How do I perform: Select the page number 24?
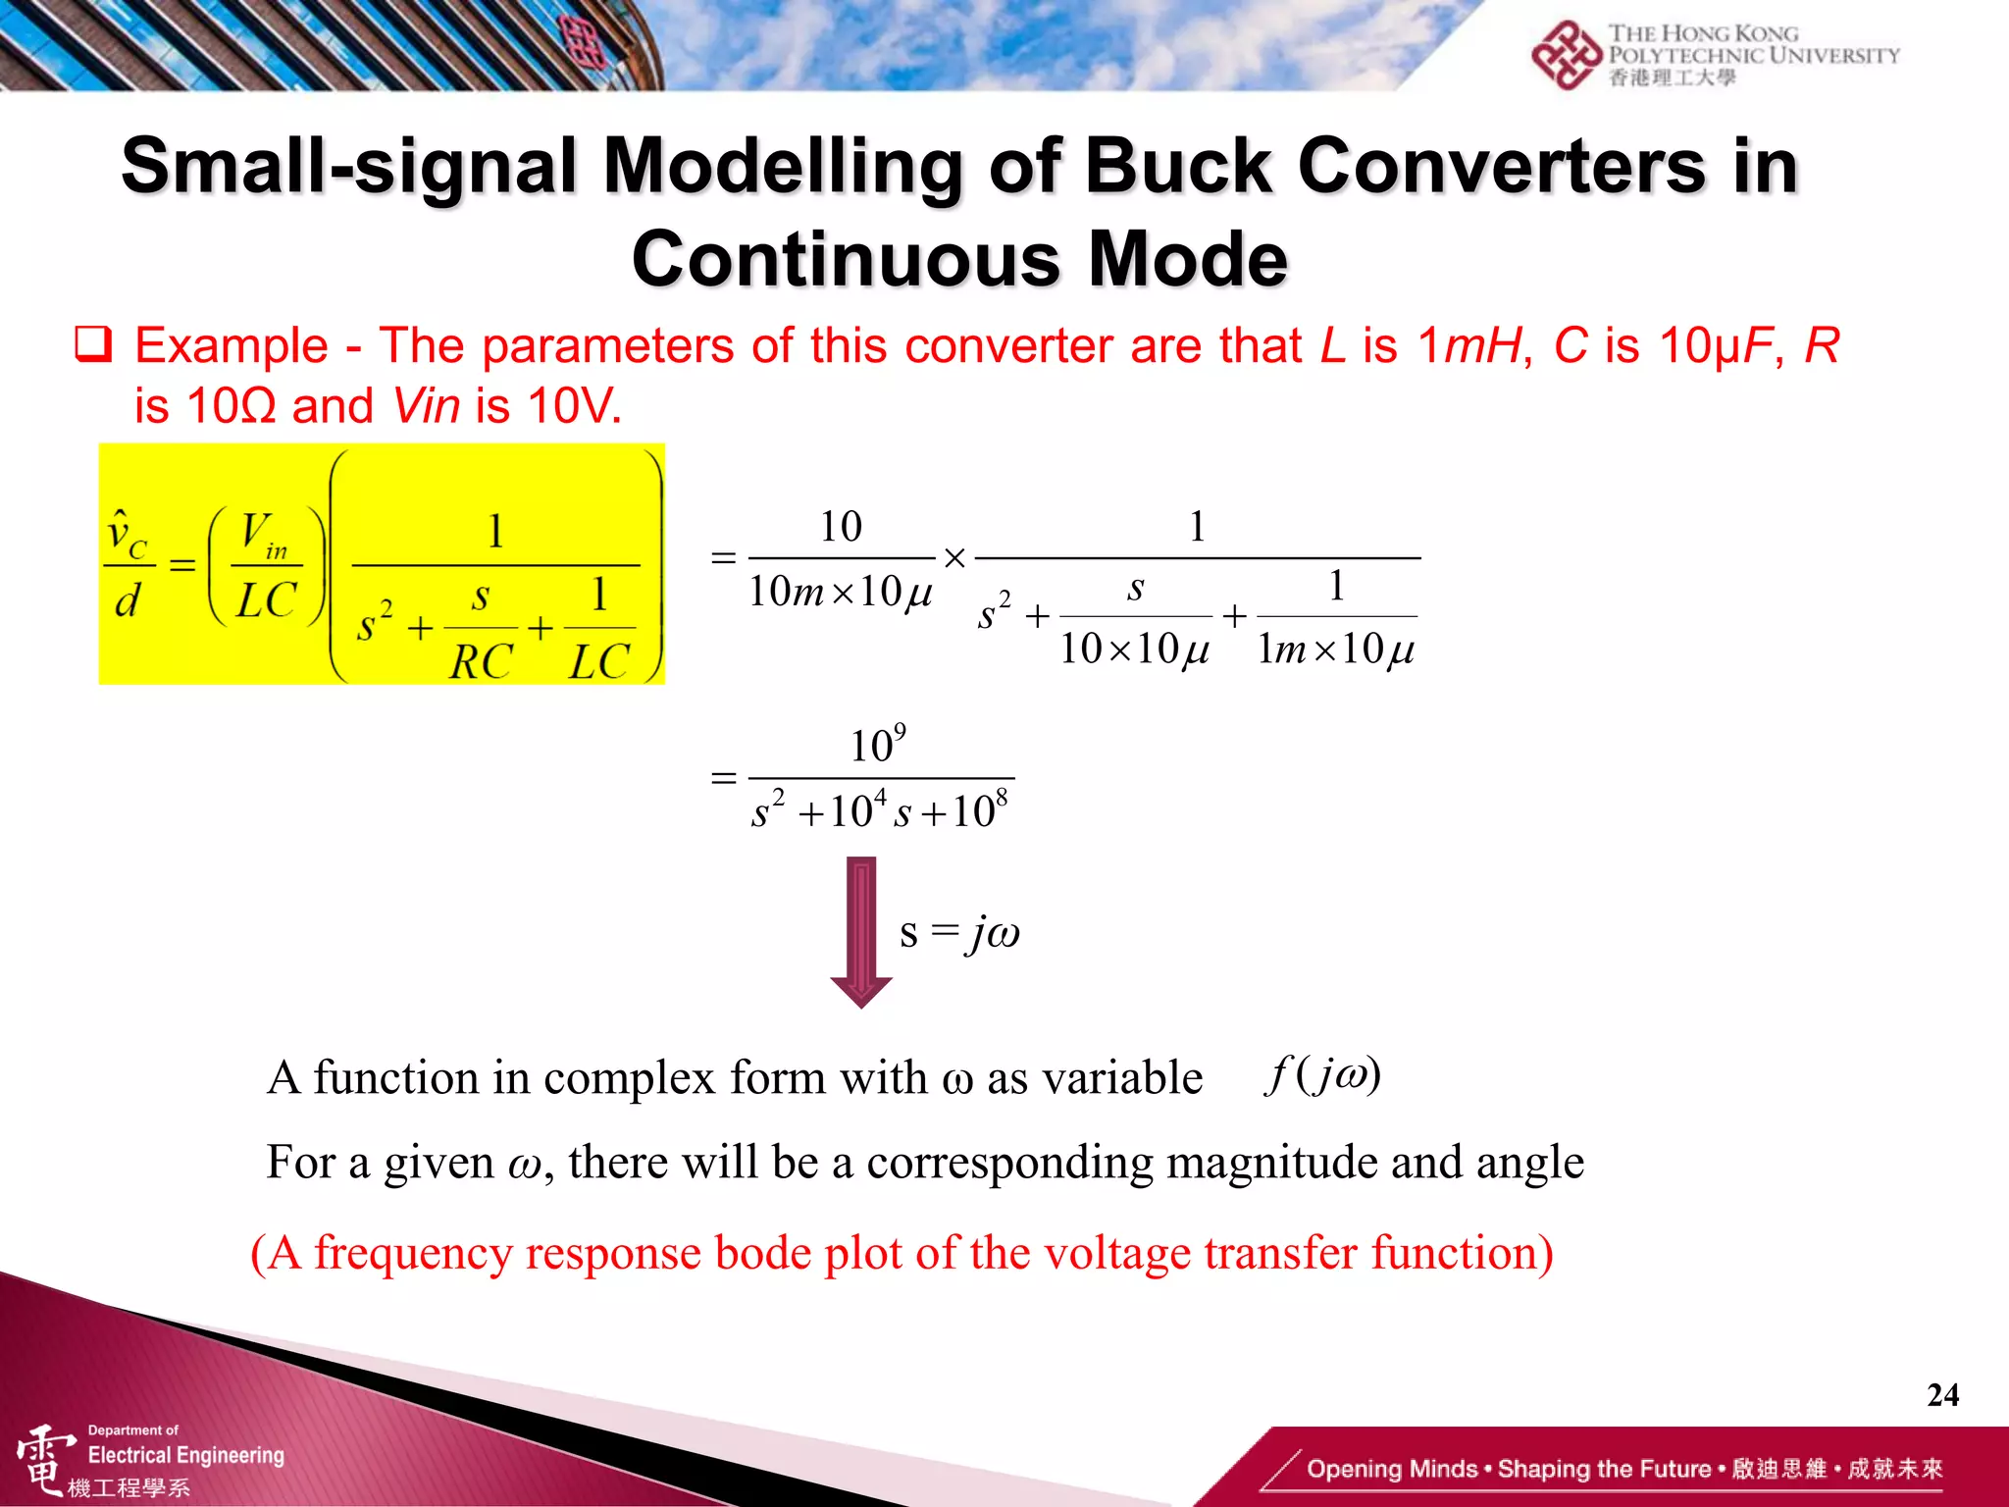pos(1942,1394)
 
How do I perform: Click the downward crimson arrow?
pos(860,931)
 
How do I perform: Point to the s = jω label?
pos(958,932)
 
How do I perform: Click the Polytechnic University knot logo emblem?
pos(1566,56)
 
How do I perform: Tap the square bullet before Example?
pos(94,345)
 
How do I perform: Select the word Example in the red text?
pos(232,346)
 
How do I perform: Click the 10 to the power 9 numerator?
pos(877,746)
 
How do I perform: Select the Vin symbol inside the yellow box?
pos(265,536)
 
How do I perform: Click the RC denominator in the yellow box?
pos(481,661)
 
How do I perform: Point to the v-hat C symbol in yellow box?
pos(127,535)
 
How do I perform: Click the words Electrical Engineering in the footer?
pos(185,1455)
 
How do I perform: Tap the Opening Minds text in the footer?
pos(1391,1469)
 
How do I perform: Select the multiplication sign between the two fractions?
pos(954,559)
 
